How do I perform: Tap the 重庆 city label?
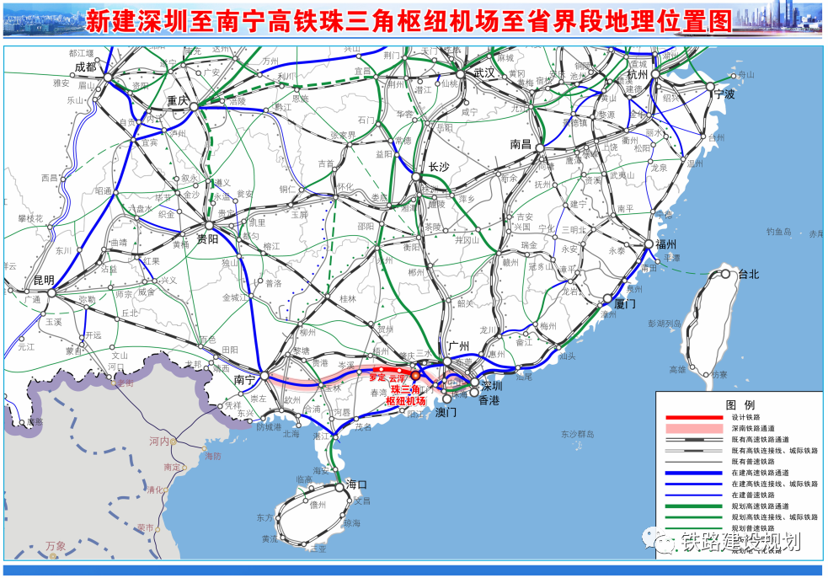[x=178, y=99]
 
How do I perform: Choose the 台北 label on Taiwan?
[x=749, y=275]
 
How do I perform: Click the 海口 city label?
[x=357, y=484]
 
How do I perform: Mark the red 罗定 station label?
[x=377, y=378]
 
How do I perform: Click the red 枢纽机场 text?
[x=405, y=401]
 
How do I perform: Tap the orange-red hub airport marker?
[x=414, y=375]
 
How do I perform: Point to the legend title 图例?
[x=739, y=404]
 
